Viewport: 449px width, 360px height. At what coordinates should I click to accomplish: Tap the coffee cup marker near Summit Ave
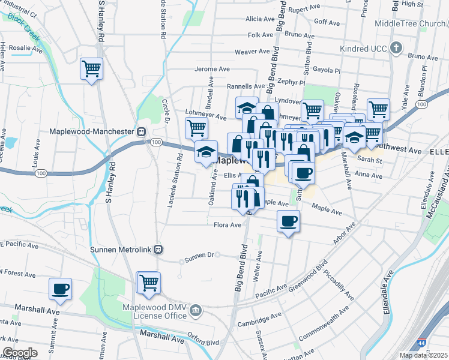pos(60,289)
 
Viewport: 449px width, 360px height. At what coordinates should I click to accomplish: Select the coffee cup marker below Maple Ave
pos(288,221)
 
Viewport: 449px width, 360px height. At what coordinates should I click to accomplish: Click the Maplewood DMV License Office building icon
pos(196,310)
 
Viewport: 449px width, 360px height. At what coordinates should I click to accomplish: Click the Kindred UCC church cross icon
pos(395,47)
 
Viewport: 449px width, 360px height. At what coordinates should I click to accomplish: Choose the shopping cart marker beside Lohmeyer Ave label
pos(196,128)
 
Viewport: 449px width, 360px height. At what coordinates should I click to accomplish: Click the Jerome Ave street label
pos(212,69)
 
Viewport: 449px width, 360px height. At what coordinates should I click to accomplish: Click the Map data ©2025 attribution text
pos(423,355)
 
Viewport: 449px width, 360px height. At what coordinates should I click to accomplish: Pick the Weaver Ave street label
pos(253,52)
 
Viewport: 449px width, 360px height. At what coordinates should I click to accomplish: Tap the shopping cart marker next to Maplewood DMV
pos(149,282)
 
